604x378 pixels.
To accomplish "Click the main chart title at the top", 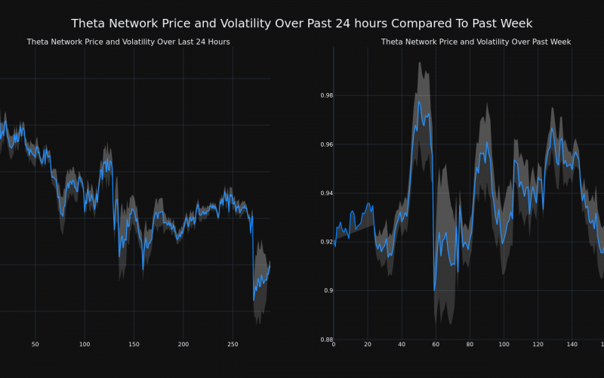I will [301, 23].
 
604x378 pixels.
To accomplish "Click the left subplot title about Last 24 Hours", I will [128, 42].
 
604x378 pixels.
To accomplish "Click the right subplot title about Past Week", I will [476, 42].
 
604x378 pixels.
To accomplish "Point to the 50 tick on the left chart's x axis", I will [35, 344].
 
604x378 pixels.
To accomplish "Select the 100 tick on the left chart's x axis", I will [84, 344].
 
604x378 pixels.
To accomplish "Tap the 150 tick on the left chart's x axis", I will [134, 344].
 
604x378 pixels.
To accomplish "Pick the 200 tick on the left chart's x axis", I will [183, 344].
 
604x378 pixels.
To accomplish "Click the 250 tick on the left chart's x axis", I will [233, 344].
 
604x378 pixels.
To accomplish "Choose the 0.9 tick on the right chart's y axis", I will [328, 290].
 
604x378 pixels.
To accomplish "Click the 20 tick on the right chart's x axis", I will [368, 344].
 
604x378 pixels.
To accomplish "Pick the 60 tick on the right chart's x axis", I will [436, 344].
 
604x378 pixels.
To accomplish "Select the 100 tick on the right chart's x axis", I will [504, 344].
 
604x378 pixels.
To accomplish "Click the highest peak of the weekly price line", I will [418, 101].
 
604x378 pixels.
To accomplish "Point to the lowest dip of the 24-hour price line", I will [254, 300].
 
